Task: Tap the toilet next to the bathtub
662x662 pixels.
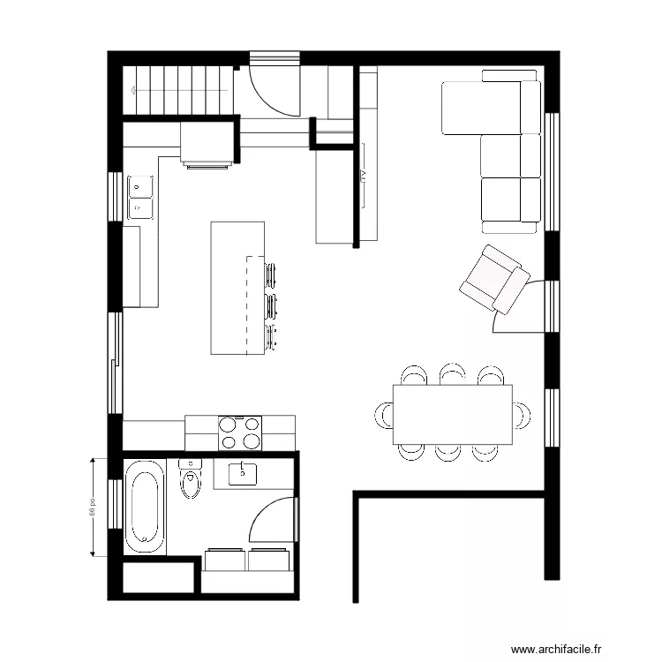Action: coord(190,481)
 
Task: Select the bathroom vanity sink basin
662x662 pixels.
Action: coord(242,473)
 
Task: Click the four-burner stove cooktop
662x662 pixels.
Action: coord(240,433)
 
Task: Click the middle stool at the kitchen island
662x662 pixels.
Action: coord(272,305)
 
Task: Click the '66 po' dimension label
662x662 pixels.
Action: coord(91,508)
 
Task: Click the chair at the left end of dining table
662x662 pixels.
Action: coord(385,414)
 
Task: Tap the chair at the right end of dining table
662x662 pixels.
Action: coord(522,414)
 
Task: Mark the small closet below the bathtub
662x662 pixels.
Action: coord(158,579)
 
